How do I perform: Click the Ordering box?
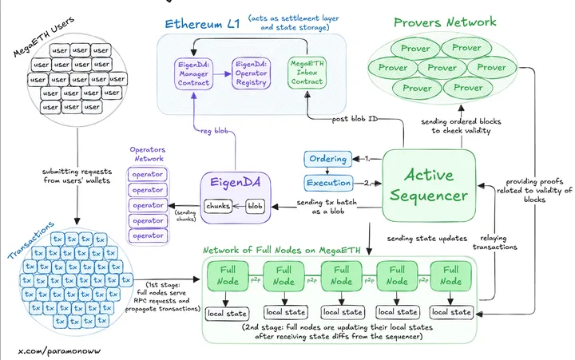pyautogui.click(x=327, y=159)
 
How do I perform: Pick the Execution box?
pyautogui.click(x=327, y=183)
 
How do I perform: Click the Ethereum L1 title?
pyautogui.click(x=203, y=22)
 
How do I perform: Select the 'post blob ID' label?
pyautogui.click(x=354, y=119)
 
